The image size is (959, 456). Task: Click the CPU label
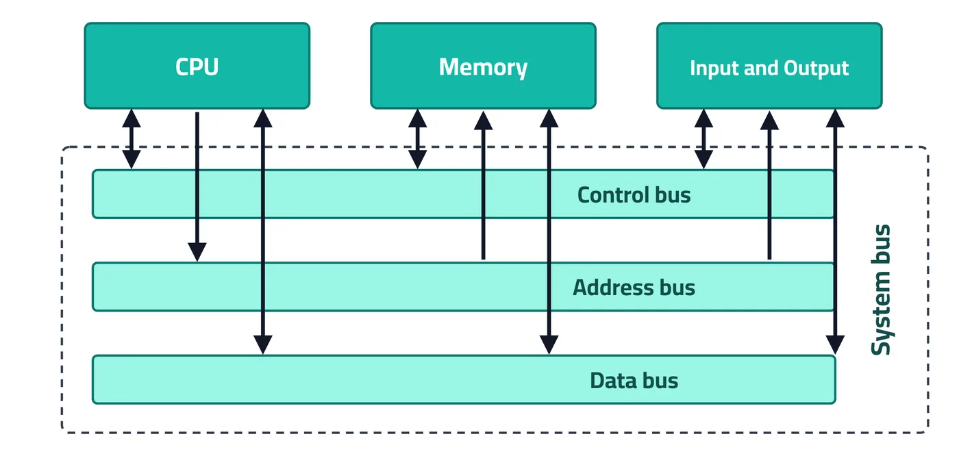tap(197, 67)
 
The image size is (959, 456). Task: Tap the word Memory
tap(483, 68)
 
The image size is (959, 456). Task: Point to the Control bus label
tap(634, 195)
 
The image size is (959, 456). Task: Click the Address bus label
tap(634, 288)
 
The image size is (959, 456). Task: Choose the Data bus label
tap(634, 380)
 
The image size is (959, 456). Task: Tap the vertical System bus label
tap(881, 290)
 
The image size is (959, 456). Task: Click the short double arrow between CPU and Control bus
tap(132, 139)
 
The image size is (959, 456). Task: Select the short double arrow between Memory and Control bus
tap(417, 139)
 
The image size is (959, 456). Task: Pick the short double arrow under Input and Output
tap(703, 139)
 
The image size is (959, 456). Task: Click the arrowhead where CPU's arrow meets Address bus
tap(197, 252)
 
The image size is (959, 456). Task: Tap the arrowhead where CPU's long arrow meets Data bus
tap(263, 345)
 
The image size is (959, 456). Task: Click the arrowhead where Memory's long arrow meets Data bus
tap(549, 345)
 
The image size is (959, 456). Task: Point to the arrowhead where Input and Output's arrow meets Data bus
tap(835, 345)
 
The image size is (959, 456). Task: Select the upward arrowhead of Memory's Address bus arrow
tap(484, 121)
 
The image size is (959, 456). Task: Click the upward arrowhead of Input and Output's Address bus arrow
tap(769, 121)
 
